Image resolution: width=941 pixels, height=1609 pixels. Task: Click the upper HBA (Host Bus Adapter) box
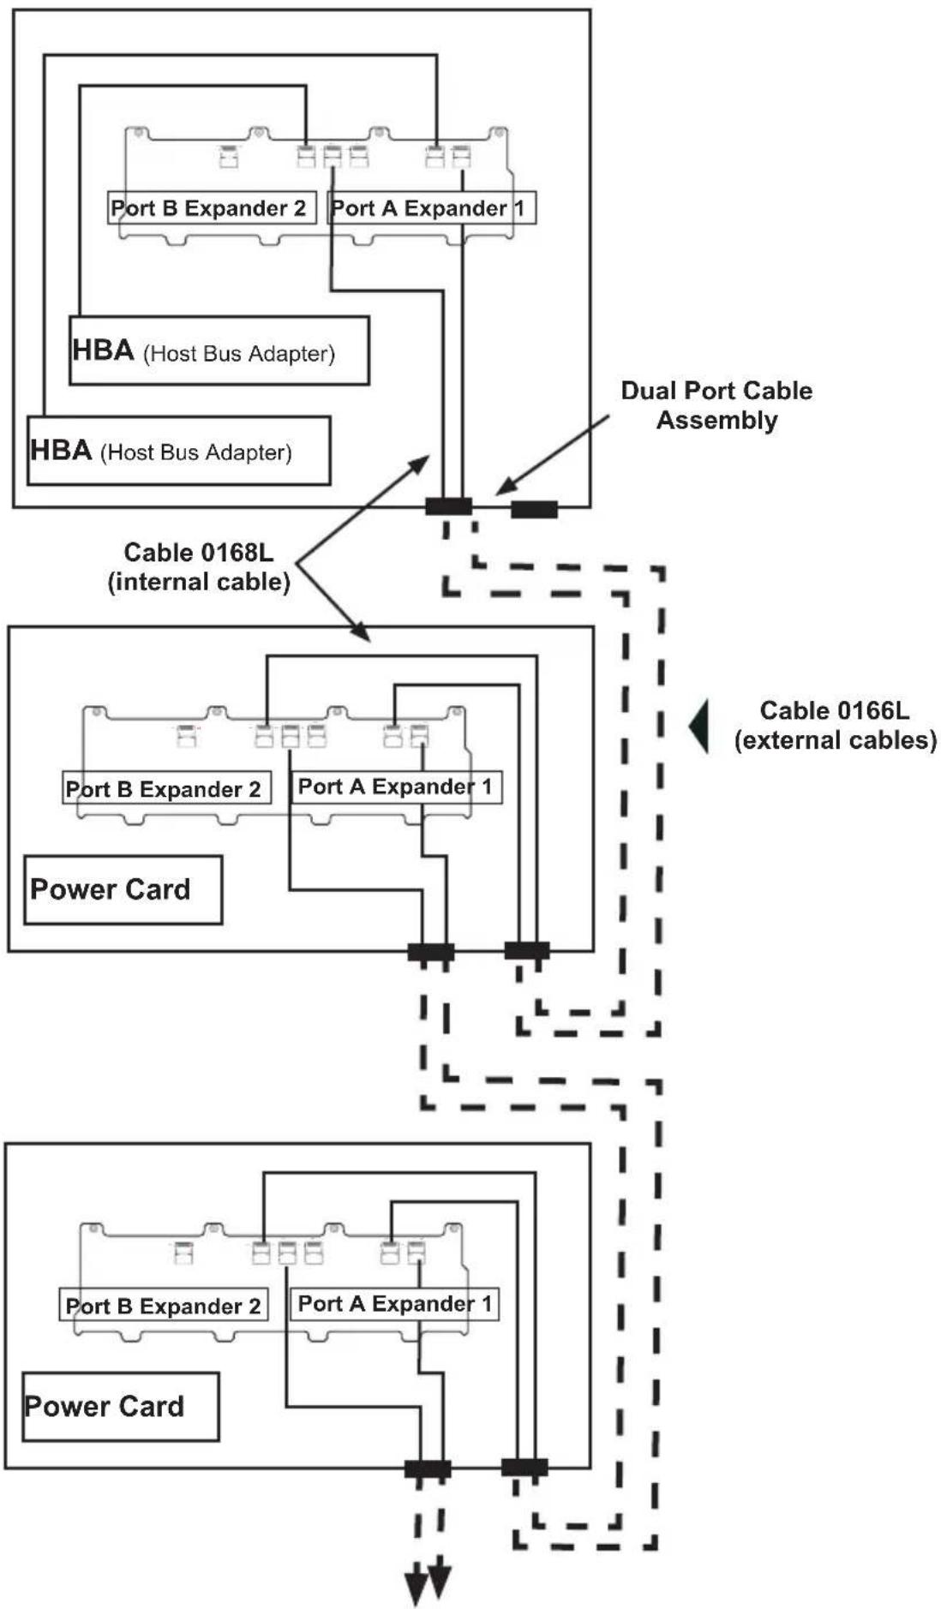(219, 350)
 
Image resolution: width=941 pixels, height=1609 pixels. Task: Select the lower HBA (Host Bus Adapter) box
(179, 451)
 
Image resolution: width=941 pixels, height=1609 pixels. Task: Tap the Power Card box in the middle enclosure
(123, 889)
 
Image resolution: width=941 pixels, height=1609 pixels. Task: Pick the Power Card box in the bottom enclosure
(121, 1406)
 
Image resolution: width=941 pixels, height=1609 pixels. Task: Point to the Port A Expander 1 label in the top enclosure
(432, 208)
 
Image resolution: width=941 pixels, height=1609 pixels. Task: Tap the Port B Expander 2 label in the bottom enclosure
(164, 1305)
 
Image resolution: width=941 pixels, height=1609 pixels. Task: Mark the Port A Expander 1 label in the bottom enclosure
(394, 1303)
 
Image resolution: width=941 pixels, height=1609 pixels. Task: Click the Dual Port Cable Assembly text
(716, 405)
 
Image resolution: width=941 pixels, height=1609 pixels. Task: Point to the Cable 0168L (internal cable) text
(199, 566)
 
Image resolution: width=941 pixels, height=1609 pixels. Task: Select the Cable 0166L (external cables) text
(836, 725)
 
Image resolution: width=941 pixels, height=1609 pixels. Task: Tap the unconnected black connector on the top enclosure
(535, 510)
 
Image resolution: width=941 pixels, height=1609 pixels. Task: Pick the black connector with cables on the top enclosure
(448, 506)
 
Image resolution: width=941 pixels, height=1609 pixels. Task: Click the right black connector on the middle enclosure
(527, 950)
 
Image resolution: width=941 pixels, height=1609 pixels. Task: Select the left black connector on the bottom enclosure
(428, 1469)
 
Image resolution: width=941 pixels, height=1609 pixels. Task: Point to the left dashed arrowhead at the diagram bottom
(417, 1589)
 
